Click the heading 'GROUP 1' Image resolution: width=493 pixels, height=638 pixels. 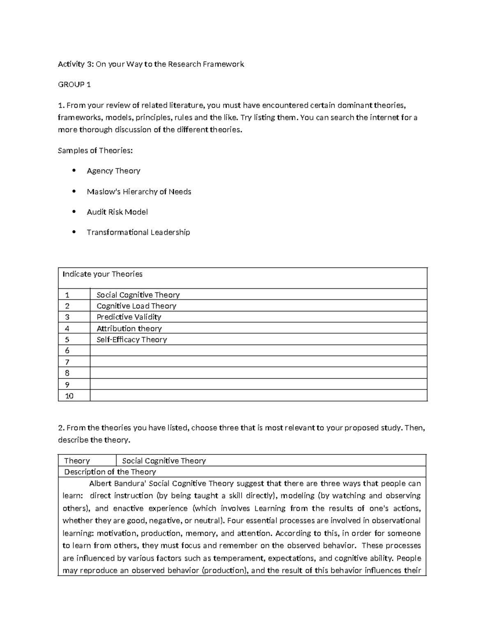[74, 85]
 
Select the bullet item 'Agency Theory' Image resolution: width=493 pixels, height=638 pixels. [113, 171]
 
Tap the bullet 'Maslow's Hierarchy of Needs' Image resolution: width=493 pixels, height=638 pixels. [139, 191]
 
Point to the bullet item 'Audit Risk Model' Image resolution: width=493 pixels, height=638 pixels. [117, 212]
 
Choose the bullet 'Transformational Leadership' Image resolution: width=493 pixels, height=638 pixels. [138, 233]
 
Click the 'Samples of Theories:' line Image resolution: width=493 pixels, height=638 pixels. [95, 150]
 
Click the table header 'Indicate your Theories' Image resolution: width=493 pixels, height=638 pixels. [102, 274]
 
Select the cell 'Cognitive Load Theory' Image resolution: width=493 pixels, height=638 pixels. [136, 306]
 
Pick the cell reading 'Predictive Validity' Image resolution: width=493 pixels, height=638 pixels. [129, 317]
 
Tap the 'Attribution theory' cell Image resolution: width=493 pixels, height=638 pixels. [129, 328]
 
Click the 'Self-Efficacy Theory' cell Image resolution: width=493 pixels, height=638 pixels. [131, 340]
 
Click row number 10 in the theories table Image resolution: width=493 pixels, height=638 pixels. [69, 396]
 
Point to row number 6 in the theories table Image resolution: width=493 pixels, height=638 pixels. [67, 351]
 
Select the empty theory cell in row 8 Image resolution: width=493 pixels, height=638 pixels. [258, 373]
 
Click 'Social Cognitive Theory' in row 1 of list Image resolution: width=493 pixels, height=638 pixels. [138, 295]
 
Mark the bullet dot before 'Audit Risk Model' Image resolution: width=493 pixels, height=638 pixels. [74, 212]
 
